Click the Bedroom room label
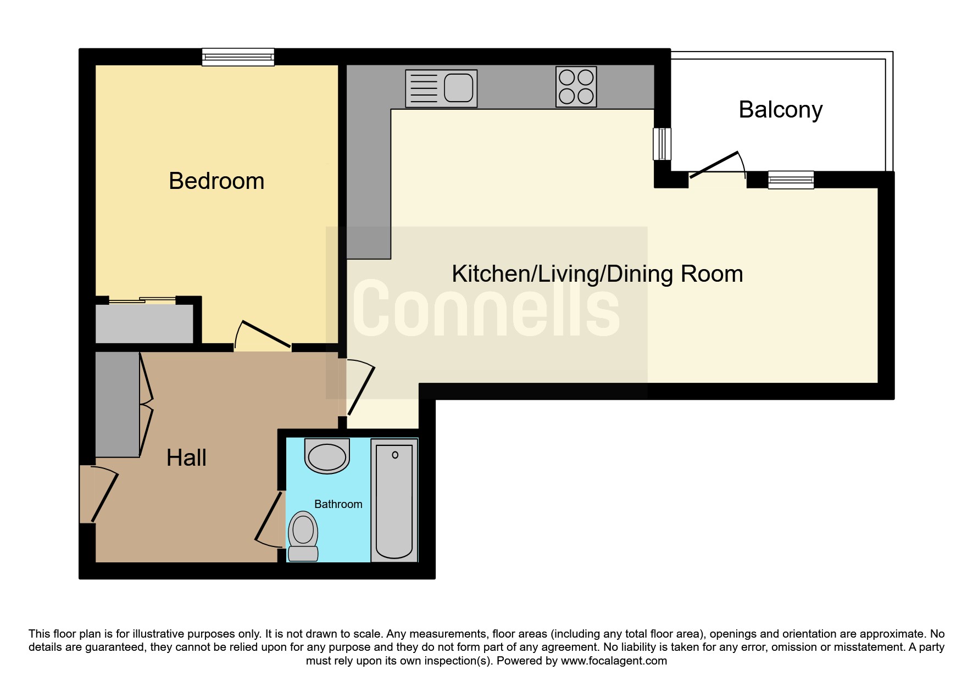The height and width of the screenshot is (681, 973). coord(216,181)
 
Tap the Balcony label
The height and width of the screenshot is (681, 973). coord(780,110)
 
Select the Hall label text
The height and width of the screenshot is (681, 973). coord(186,457)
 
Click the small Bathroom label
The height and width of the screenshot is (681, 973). coord(338,504)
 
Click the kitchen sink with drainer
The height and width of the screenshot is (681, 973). coord(441,88)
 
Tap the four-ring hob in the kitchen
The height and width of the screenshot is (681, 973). coord(576,87)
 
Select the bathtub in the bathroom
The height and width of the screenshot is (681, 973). coord(394,500)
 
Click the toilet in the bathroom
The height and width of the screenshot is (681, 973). coord(303,536)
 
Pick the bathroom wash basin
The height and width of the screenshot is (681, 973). coord(327,455)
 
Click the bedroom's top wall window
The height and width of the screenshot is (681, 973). coord(238,57)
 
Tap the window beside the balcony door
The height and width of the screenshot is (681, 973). coord(791,180)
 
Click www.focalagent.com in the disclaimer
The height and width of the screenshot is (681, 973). coord(614,661)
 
